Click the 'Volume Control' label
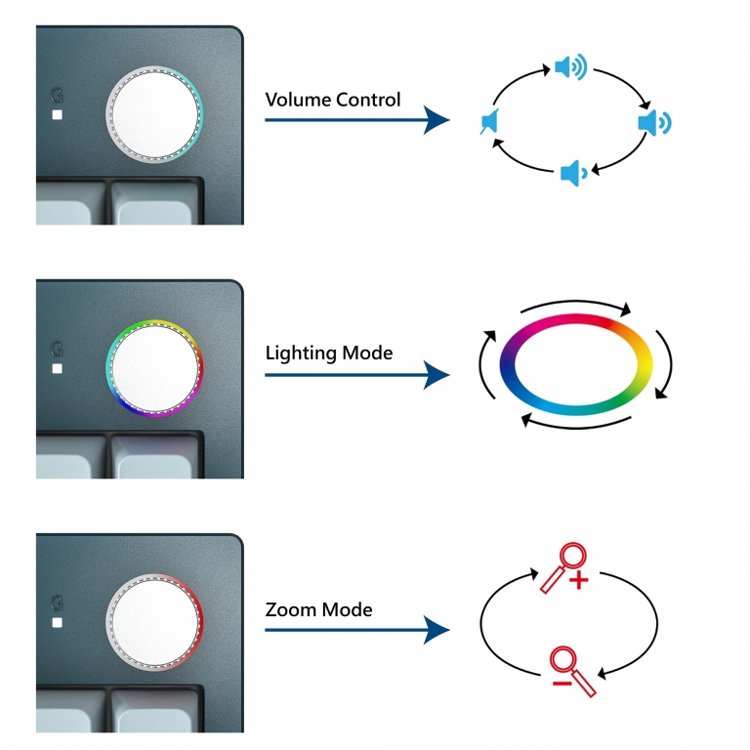click(333, 100)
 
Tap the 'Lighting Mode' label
click(329, 353)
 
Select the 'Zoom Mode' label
click(318, 609)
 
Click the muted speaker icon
click(489, 121)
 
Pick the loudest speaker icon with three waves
click(570, 67)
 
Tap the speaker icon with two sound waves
click(654, 122)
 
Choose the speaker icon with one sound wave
click(574, 173)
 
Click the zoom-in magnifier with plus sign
click(564, 567)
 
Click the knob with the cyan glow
click(154, 115)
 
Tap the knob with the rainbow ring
click(154, 368)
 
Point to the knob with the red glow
click(154, 622)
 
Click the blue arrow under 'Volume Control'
click(357, 119)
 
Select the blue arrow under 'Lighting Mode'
click(357, 375)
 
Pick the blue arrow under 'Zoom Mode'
click(357, 630)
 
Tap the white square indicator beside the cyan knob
click(58, 115)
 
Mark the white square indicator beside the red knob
click(58, 622)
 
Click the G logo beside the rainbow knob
click(57, 349)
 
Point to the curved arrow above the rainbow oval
click(576, 302)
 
